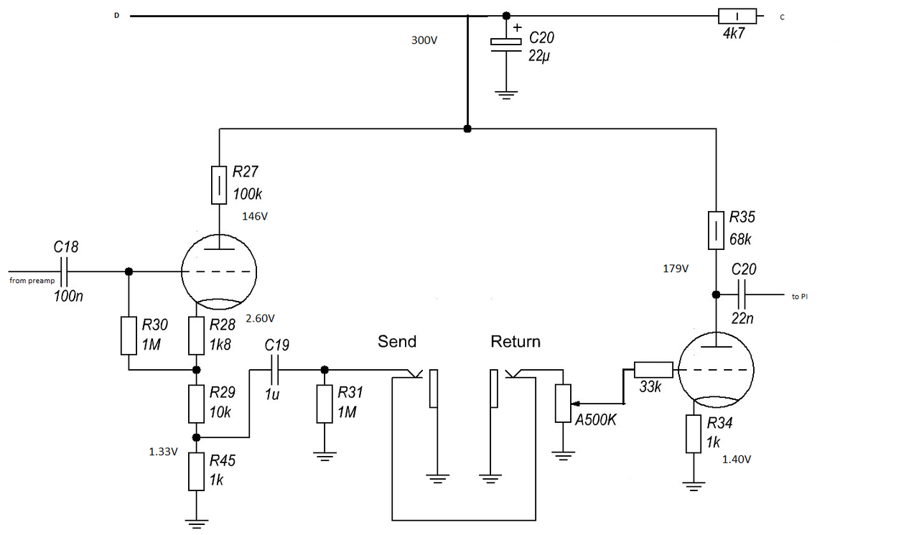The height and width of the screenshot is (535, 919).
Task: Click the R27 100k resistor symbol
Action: click(219, 185)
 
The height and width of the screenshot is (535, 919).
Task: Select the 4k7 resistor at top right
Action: click(737, 16)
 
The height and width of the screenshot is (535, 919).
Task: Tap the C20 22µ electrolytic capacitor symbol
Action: click(506, 43)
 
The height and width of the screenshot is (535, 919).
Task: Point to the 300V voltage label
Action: click(424, 41)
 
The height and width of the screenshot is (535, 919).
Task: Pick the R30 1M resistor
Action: click(129, 335)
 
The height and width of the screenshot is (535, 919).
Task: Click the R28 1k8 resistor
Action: click(197, 335)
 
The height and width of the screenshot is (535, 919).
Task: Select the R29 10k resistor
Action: click(197, 404)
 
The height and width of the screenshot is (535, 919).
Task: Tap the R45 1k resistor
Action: click(197, 471)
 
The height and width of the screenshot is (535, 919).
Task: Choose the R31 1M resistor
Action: click(325, 404)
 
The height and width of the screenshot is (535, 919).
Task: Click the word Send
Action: click(397, 341)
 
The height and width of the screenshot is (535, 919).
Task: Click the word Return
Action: click(516, 341)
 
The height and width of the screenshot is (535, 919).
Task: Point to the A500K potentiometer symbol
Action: click(564, 404)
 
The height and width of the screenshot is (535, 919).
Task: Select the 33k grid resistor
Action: click(653, 369)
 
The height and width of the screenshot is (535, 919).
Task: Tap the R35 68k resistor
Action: click(716, 230)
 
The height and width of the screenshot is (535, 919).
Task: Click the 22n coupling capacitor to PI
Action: click(742, 294)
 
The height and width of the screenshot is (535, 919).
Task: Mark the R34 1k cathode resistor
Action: click(693, 434)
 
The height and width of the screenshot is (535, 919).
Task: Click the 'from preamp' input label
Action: click(32, 280)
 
